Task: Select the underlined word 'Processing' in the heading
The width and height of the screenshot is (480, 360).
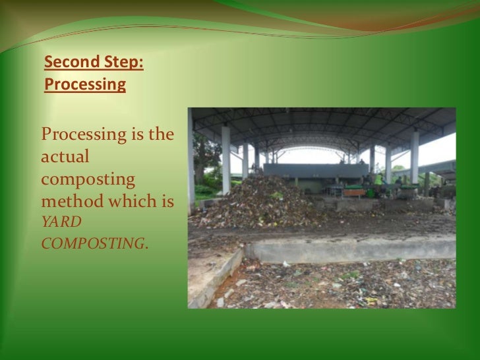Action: (85, 84)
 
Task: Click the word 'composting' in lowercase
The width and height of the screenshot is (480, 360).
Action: (88, 179)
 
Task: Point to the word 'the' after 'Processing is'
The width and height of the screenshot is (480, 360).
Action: (160, 135)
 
